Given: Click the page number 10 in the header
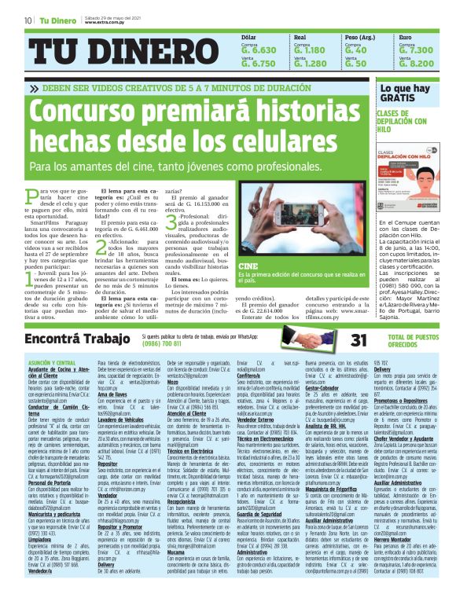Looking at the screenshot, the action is tap(28, 19).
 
